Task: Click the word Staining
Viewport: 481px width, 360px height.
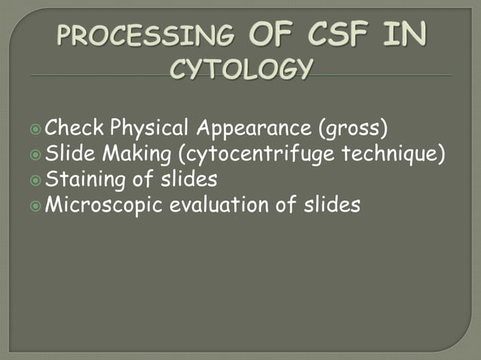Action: [84, 179]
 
